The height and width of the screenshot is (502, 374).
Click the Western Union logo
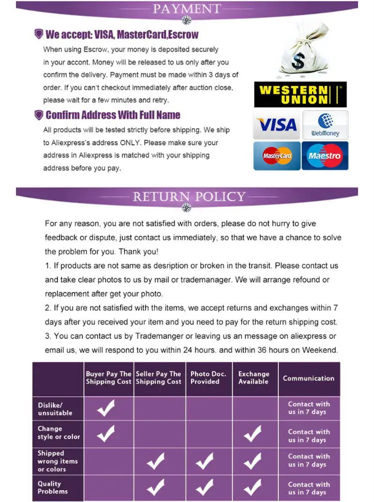(300, 94)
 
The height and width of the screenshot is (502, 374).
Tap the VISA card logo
(277, 125)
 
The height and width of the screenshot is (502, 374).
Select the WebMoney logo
(325, 125)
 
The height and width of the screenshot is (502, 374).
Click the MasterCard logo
(277, 156)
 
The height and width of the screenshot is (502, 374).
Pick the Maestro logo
(325, 156)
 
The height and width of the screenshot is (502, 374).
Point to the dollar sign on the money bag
(298, 62)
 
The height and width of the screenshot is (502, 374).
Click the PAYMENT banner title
(187, 8)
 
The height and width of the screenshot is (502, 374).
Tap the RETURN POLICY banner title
(189, 196)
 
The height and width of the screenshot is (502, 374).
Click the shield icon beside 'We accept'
(38, 34)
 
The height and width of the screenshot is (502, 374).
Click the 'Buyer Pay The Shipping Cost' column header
(109, 378)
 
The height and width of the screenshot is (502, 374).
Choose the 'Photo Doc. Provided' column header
(208, 378)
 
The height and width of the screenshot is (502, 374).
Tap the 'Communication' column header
(309, 378)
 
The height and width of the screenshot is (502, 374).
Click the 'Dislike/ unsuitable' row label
(55, 409)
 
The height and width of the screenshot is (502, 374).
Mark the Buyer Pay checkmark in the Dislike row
(106, 408)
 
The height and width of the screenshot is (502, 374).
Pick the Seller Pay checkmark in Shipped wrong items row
(156, 462)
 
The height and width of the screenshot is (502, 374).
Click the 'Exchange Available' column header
(253, 378)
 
